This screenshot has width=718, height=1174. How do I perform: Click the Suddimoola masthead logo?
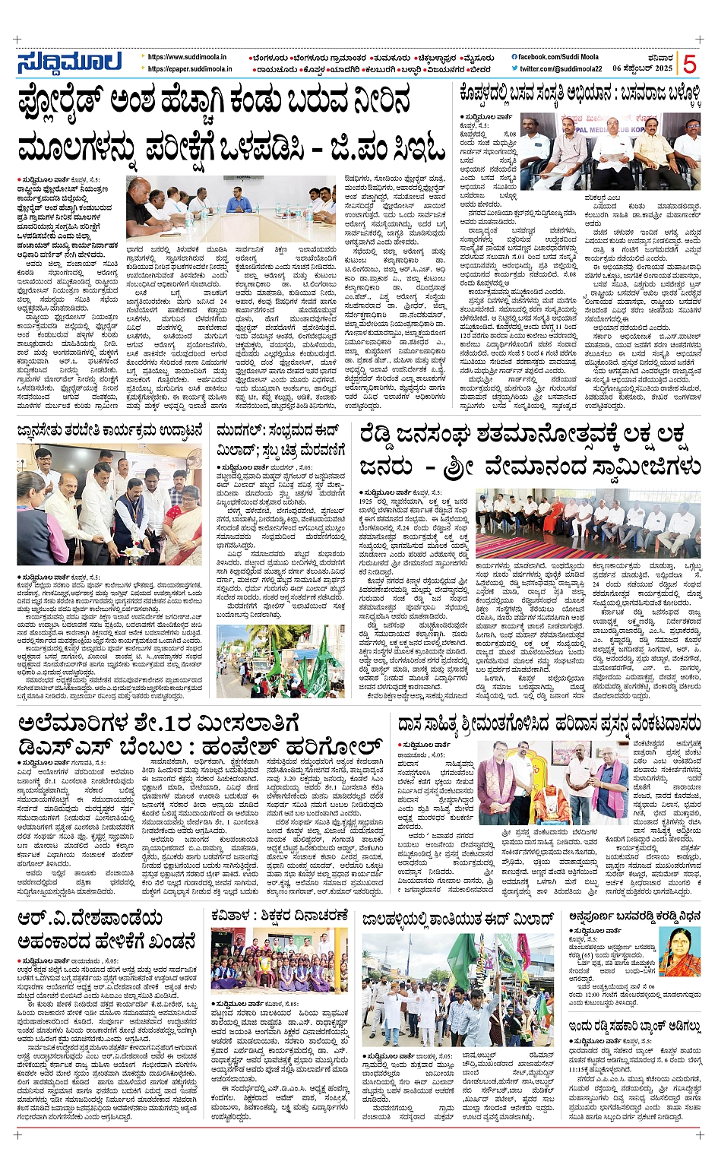pyautogui.click(x=69, y=62)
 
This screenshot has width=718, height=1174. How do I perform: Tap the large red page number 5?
pyautogui.click(x=689, y=63)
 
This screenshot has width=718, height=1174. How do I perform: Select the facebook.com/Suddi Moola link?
pyautogui.click(x=558, y=57)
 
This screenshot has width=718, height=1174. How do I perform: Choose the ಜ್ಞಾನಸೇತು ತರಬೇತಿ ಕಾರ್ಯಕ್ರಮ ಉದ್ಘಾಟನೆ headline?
pyautogui.click(x=111, y=432)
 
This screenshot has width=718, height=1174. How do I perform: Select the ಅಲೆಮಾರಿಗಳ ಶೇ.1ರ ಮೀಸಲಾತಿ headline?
pyautogui.click(x=199, y=733)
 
